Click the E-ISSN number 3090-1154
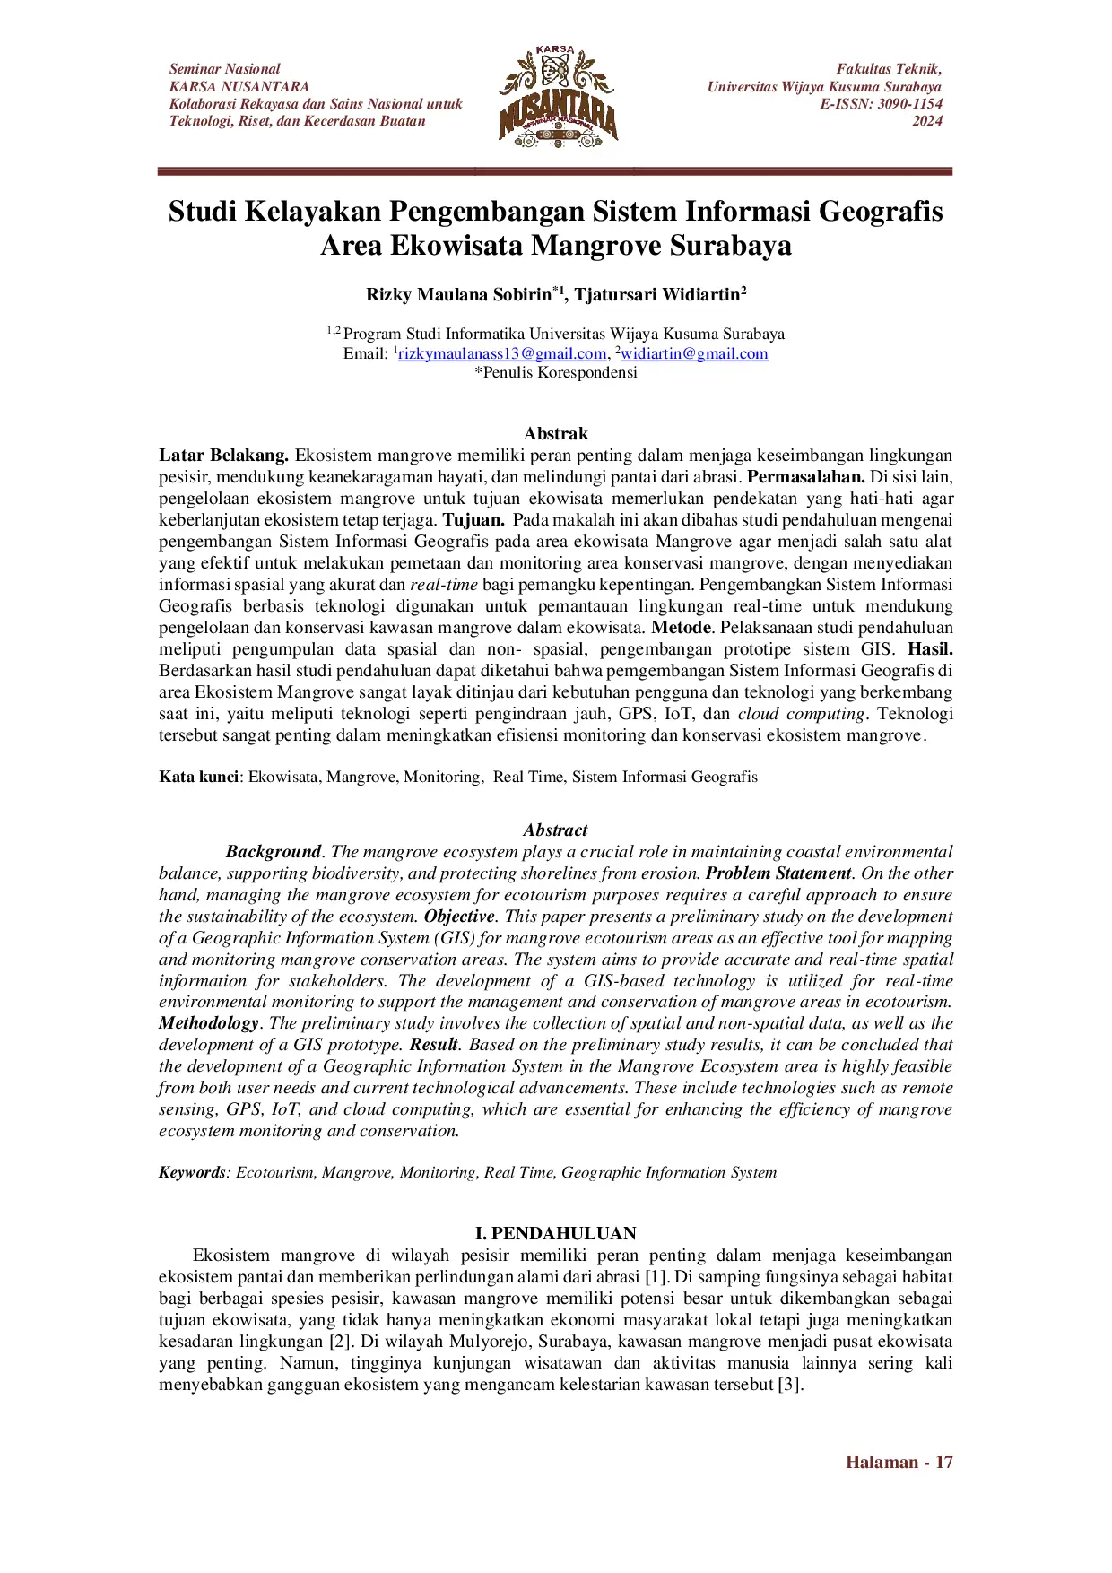pyautogui.click(x=905, y=104)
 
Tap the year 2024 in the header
pyautogui.click(x=926, y=121)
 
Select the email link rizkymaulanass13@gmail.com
pyautogui.click(x=502, y=353)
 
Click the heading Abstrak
pyautogui.click(x=556, y=434)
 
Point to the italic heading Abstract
pyautogui.click(x=556, y=830)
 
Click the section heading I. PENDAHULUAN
pyautogui.click(x=556, y=1233)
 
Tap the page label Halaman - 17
pyautogui.click(x=899, y=1462)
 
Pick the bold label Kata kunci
pyautogui.click(x=198, y=777)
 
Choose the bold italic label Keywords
pyautogui.click(x=192, y=1173)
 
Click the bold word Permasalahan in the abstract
pyautogui.click(x=805, y=477)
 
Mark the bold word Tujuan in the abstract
pyautogui.click(x=473, y=520)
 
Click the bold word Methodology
pyautogui.click(x=208, y=1023)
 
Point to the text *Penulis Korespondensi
pyautogui.click(x=556, y=373)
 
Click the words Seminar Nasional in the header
pyautogui.click(x=224, y=69)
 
